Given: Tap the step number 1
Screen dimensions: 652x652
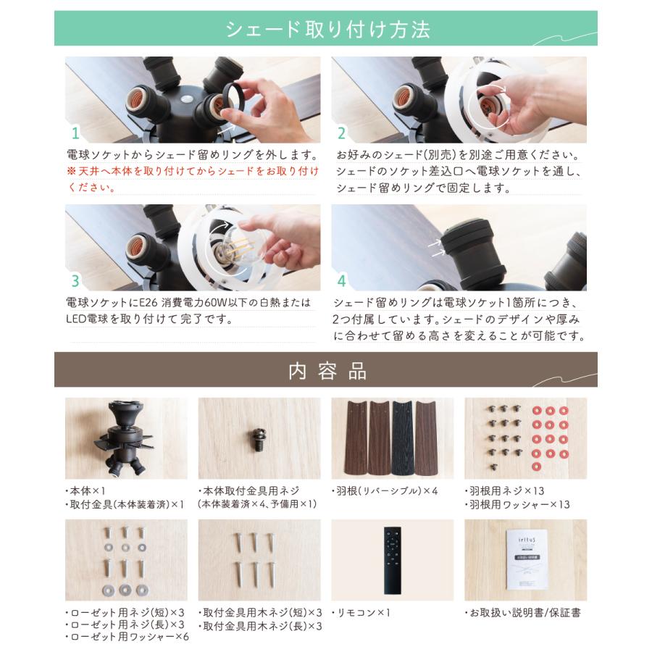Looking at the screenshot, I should (x=75, y=133).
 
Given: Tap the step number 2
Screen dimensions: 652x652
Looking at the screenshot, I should (x=342, y=133).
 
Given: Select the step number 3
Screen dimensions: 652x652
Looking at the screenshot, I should (x=75, y=281).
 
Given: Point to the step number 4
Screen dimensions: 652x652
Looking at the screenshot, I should (x=342, y=281).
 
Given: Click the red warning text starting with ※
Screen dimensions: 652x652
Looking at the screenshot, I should (x=192, y=179).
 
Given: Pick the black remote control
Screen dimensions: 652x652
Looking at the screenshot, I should (x=392, y=559).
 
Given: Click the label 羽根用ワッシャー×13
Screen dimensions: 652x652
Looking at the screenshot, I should (x=517, y=504).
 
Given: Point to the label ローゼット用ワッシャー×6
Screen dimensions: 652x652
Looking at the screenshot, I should (x=128, y=638).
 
